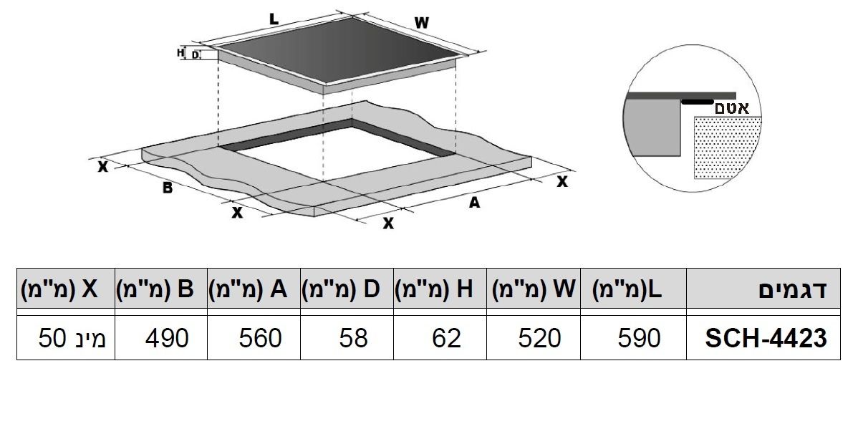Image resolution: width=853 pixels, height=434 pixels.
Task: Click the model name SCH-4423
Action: point(766,338)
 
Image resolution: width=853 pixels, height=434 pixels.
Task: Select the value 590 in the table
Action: point(639,338)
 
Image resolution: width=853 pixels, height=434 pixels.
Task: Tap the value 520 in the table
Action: point(539,338)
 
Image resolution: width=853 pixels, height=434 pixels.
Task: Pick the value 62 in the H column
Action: point(447,338)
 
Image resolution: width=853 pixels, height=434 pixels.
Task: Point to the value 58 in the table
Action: point(354,338)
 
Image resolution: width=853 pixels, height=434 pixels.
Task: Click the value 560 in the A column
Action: point(260,338)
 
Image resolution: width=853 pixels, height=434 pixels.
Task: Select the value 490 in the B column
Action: point(167,338)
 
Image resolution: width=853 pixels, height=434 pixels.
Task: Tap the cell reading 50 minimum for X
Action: point(72,338)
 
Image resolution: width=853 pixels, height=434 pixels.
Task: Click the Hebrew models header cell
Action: point(793,289)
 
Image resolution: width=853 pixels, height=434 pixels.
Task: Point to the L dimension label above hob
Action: point(274,19)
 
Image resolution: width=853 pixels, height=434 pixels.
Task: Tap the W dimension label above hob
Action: point(422,23)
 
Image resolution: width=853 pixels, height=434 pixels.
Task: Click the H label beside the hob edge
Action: point(180,53)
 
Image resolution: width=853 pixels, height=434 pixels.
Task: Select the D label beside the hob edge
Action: point(196,55)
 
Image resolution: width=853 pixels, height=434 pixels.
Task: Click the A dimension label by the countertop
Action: point(474,203)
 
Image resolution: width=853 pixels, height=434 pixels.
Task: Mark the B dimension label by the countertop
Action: point(168,188)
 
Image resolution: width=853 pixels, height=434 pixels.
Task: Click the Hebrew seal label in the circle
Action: point(732,107)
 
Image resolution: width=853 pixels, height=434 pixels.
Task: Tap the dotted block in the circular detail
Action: point(728,147)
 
